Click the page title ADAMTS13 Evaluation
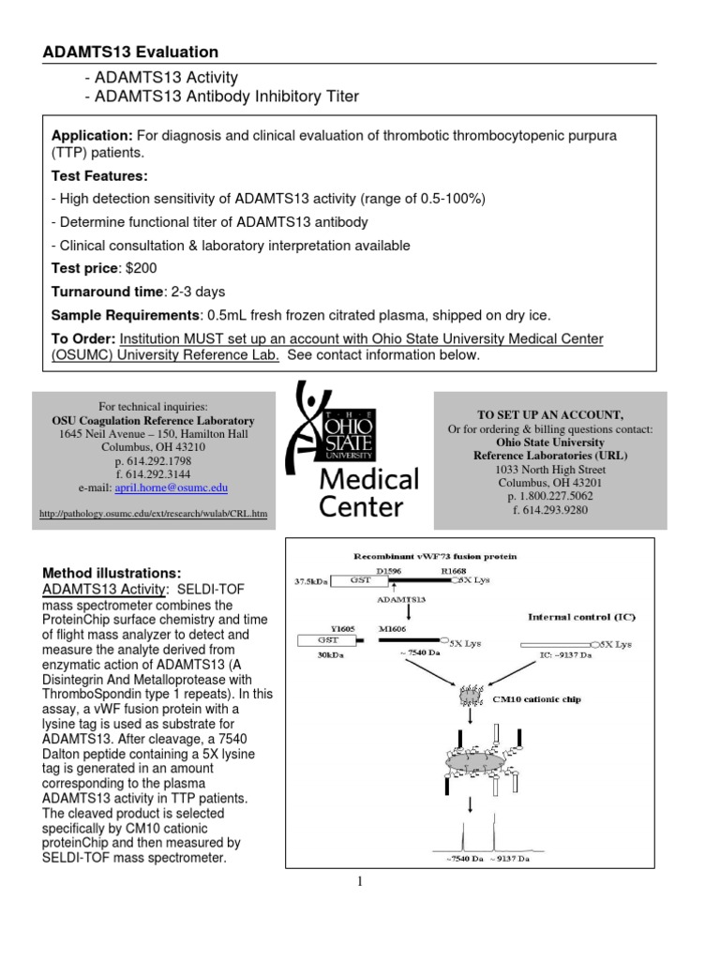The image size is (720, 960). [130, 52]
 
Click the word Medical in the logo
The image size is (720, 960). [368, 480]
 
